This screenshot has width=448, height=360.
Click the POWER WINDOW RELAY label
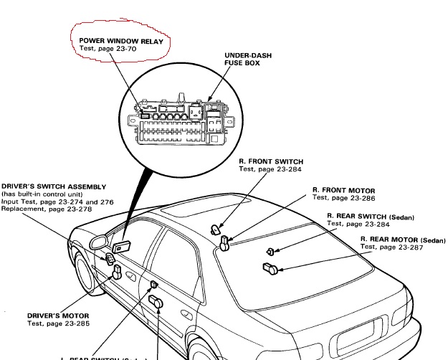point(121,41)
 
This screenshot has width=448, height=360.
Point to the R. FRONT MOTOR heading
point(345,190)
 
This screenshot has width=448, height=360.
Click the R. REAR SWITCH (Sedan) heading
point(371,216)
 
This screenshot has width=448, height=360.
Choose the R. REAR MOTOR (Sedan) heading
point(399,238)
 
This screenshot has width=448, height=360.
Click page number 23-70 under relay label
point(130,48)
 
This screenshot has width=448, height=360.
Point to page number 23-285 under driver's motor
point(75,323)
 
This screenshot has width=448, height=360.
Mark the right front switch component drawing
point(216,229)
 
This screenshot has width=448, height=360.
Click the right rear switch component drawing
point(270,251)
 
